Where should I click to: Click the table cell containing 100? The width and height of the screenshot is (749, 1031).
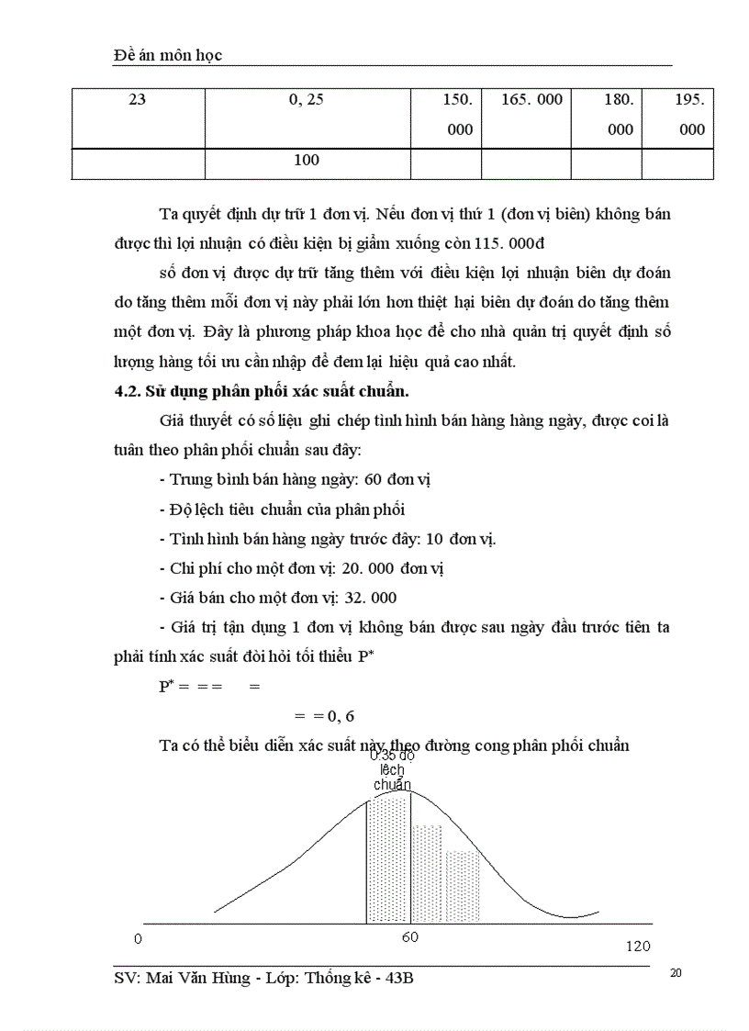pyautogui.click(x=307, y=160)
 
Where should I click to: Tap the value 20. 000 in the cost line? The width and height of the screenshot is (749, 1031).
pyautogui.click(x=371, y=568)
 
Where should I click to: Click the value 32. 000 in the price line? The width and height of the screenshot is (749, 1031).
pyautogui.click(x=371, y=598)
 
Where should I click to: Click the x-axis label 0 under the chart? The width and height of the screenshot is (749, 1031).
pyautogui.click(x=138, y=939)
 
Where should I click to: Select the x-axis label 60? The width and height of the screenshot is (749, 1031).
pyautogui.click(x=410, y=937)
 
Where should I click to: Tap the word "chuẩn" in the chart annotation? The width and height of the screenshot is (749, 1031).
pyautogui.click(x=392, y=784)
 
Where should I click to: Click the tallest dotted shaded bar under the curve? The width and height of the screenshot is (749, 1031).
pyautogui.click(x=388, y=858)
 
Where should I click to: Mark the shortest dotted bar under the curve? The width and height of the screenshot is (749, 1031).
pyautogui.click(x=463, y=887)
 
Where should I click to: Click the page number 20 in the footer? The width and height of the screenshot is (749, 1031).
pyautogui.click(x=676, y=974)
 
